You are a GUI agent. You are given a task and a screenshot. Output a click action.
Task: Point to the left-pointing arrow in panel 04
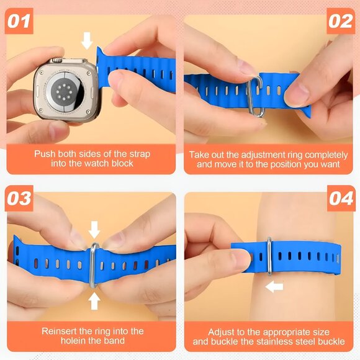tap(274, 286)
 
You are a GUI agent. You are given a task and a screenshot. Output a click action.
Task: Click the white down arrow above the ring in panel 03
tap(94, 230)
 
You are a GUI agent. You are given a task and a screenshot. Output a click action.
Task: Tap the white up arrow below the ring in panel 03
tap(94, 300)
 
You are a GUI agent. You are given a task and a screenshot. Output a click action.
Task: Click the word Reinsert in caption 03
tap(60, 331)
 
